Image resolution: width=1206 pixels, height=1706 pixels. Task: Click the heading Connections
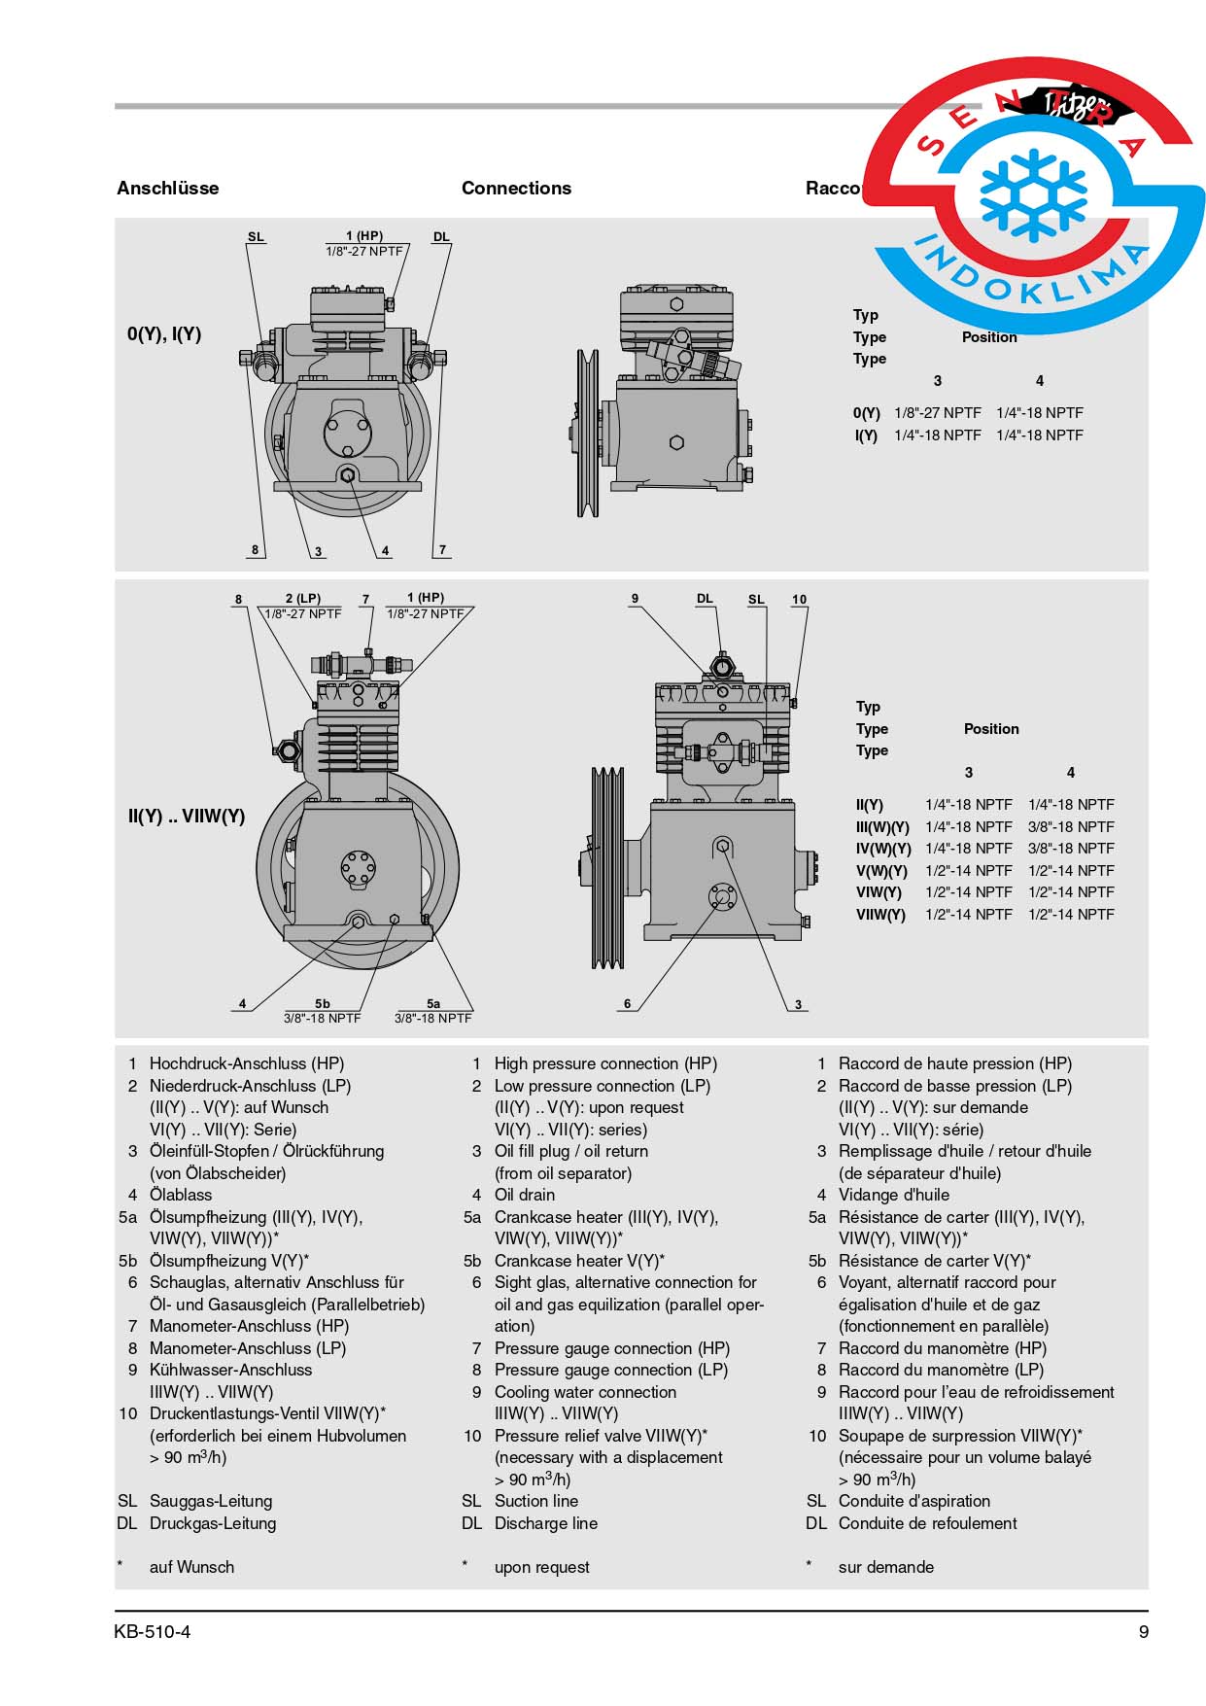[516, 188]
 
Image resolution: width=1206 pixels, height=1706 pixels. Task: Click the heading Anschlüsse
[167, 188]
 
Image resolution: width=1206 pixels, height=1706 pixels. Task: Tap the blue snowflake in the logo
[1032, 194]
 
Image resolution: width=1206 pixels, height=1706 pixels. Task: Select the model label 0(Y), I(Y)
[164, 333]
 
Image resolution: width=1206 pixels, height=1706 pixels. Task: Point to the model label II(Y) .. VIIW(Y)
[186, 816]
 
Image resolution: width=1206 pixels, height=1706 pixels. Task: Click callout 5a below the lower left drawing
[433, 1003]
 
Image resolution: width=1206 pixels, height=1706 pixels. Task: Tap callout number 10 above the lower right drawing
[799, 599]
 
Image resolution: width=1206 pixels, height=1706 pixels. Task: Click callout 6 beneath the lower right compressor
[627, 1003]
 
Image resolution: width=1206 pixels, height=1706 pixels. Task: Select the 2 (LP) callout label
[302, 598]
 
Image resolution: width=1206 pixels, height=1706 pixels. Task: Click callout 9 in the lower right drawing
[635, 598]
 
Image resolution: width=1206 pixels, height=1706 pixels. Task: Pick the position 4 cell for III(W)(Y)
[1071, 826]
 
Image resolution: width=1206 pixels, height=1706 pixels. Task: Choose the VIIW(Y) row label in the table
[879, 914]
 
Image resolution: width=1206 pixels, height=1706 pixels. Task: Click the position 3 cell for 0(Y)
[937, 412]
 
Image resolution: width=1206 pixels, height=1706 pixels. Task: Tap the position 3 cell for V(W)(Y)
[968, 870]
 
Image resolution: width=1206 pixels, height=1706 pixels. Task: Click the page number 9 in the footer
[1143, 1631]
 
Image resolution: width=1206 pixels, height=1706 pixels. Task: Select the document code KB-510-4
[152, 1631]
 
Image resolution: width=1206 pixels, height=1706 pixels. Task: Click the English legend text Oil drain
[525, 1195]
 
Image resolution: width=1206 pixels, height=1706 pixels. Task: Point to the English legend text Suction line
[535, 1501]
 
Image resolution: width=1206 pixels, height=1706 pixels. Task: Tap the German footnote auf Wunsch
[191, 1567]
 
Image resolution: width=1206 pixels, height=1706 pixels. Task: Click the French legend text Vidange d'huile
[893, 1195]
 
